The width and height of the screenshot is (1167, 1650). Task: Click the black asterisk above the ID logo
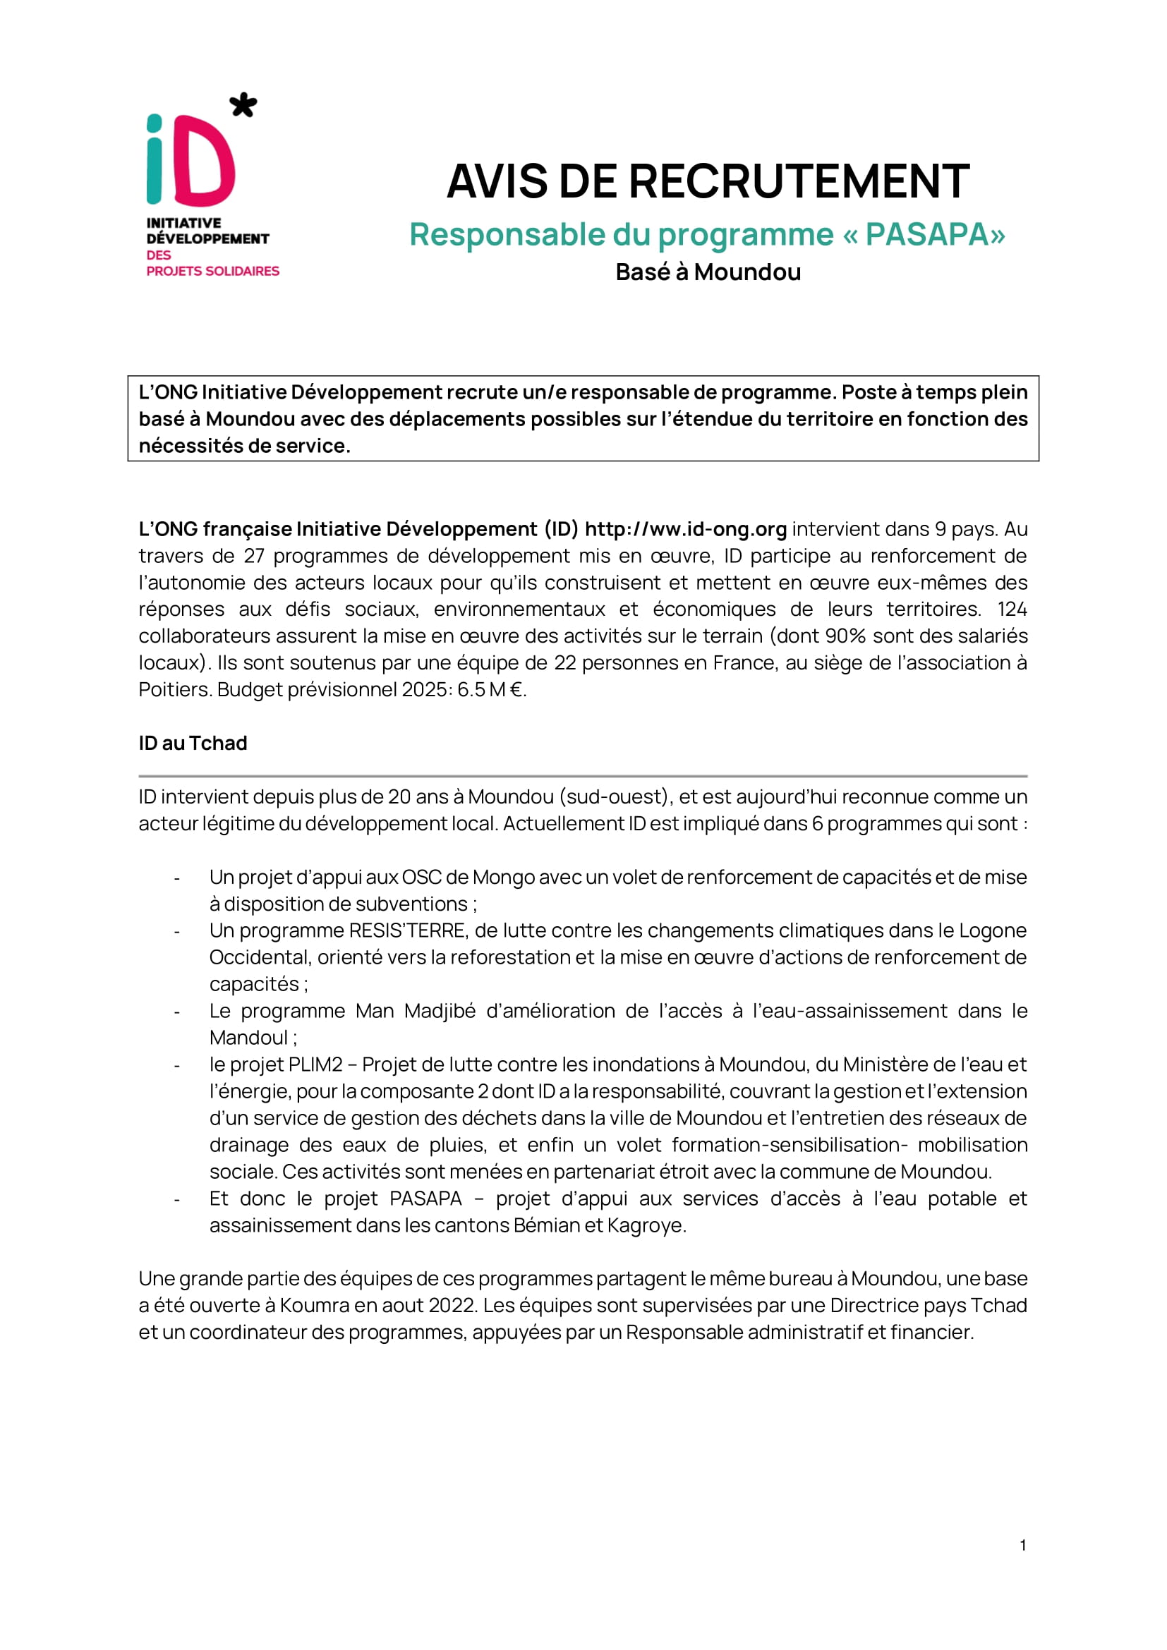[x=243, y=105]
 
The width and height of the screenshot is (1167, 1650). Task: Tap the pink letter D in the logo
[x=205, y=161]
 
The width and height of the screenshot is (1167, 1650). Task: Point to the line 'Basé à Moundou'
[x=708, y=272]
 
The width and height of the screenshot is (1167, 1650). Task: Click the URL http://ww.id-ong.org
[x=686, y=529]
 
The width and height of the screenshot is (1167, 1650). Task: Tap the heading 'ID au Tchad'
[x=193, y=743]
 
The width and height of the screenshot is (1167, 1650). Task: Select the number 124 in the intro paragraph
[x=1012, y=609]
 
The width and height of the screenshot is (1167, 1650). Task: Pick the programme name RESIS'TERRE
[x=407, y=930]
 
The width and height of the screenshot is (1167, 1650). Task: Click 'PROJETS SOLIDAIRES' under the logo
[x=212, y=271]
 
